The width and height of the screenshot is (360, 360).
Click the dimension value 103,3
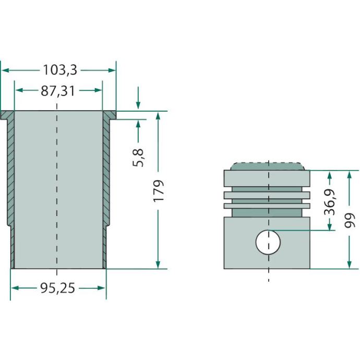click(60, 70)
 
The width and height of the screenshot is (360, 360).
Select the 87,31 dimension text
click(58, 91)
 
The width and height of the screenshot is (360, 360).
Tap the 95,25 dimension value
click(57, 288)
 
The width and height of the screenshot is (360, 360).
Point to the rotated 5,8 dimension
click(138, 158)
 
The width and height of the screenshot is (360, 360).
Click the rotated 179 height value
click(159, 191)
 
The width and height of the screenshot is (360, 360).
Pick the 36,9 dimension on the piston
click(330, 202)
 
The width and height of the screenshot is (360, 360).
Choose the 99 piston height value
click(350, 220)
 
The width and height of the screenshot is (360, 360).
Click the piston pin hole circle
click(268, 242)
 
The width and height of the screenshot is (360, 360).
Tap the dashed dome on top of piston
click(268, 166)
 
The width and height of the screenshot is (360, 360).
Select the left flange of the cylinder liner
click(7, 115)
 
